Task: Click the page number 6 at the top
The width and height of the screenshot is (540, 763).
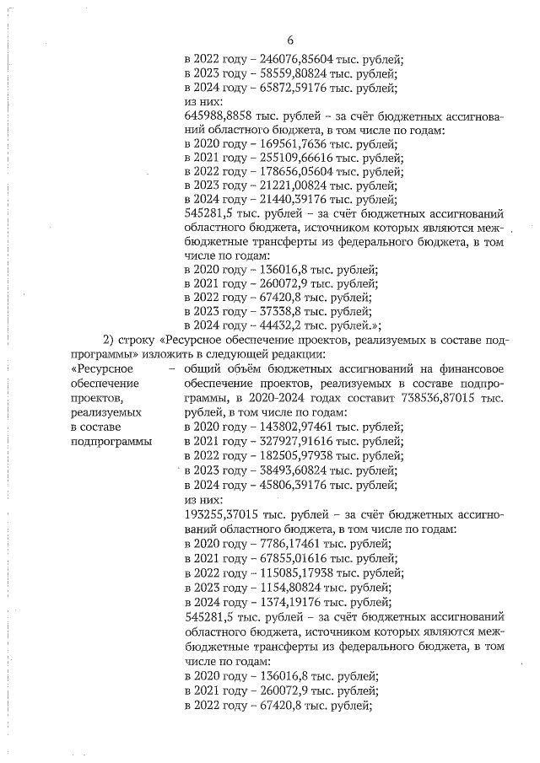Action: pos(289,40)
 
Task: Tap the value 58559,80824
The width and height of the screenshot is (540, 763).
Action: pos(296,73)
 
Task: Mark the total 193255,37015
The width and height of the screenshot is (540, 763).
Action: pos(225,513)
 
